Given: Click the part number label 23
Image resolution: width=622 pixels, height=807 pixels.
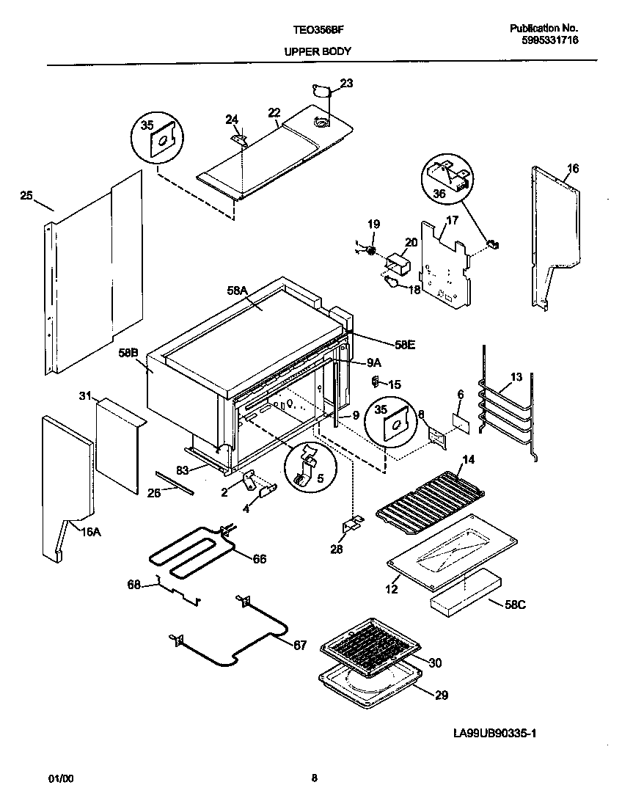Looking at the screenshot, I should point(346,84).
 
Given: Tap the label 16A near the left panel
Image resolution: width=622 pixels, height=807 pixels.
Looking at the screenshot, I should point(91,533).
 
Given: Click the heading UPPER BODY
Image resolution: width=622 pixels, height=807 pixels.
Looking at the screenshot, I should point(317,51).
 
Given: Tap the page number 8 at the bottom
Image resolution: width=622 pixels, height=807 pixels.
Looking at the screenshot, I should point(314,779).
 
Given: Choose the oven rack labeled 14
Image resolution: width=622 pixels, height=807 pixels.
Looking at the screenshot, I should point(429,499).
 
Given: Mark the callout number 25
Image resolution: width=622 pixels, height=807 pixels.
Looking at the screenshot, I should point(26,196).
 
